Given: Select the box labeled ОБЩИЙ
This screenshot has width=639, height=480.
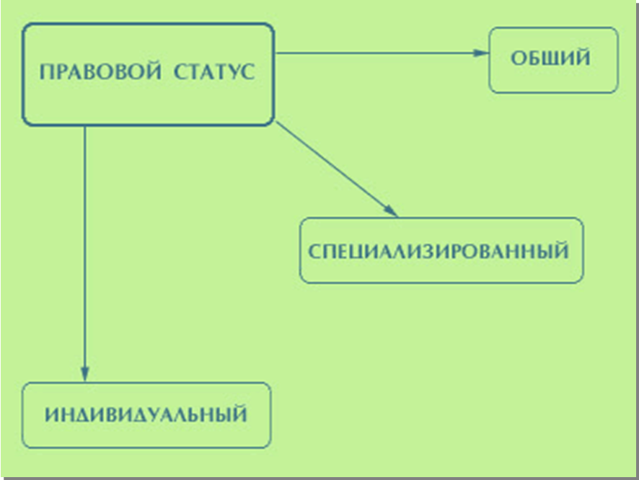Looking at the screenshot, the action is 553,60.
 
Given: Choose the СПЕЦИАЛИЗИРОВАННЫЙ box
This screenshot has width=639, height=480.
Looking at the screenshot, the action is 441,250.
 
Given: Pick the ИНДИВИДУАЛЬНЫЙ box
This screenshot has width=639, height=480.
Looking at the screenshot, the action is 146,415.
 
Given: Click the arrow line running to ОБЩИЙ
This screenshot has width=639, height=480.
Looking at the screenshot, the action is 375,53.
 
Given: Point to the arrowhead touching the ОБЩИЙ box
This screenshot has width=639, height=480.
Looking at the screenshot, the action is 481,53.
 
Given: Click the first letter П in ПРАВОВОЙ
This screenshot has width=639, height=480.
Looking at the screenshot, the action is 45,74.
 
